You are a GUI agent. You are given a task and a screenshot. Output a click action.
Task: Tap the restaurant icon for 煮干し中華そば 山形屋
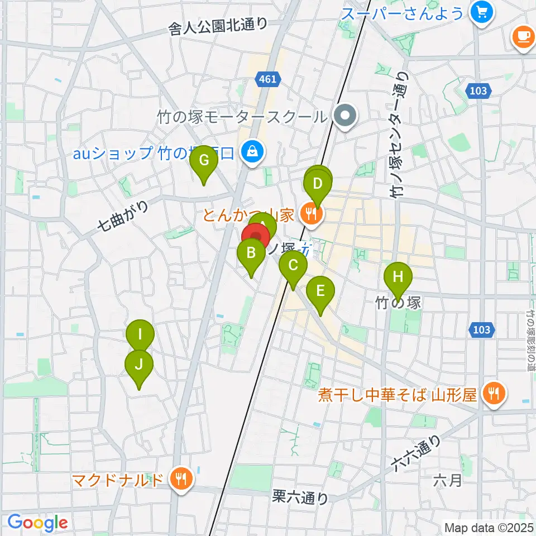pos(494,394)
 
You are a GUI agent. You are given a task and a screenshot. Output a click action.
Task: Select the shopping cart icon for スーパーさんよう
pos(480,11)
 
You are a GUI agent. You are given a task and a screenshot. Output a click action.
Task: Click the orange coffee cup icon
pos(523,37)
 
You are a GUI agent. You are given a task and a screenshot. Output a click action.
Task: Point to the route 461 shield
pos(267,79)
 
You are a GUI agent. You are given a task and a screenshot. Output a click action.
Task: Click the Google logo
pos(37,523)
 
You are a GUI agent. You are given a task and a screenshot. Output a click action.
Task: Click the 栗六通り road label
pos(300,497)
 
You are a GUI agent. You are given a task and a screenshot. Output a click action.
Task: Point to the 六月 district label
pos(448,480)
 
